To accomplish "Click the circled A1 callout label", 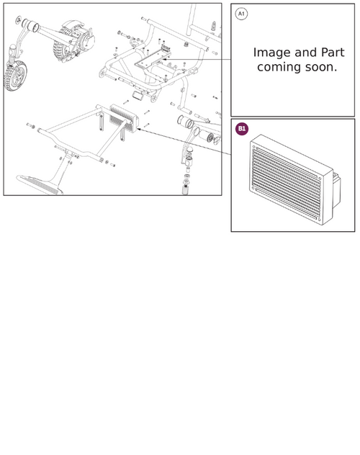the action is point(241,14).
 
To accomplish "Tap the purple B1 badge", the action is point(242,129).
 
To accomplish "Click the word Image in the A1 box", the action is point(271,53).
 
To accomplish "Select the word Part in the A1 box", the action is point(333,53).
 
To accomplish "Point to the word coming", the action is point(279,68).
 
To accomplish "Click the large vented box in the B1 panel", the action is point(294,179).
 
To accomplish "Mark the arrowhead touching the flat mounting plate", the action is point(164,59).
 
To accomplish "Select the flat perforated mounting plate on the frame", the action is point(153,57).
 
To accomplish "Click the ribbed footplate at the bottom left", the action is point(40,184).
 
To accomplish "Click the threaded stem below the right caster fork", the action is point(186,188).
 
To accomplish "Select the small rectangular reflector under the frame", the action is point(138,95).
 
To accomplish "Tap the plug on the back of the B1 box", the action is point(336,190).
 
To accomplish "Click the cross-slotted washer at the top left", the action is point(19,19).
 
